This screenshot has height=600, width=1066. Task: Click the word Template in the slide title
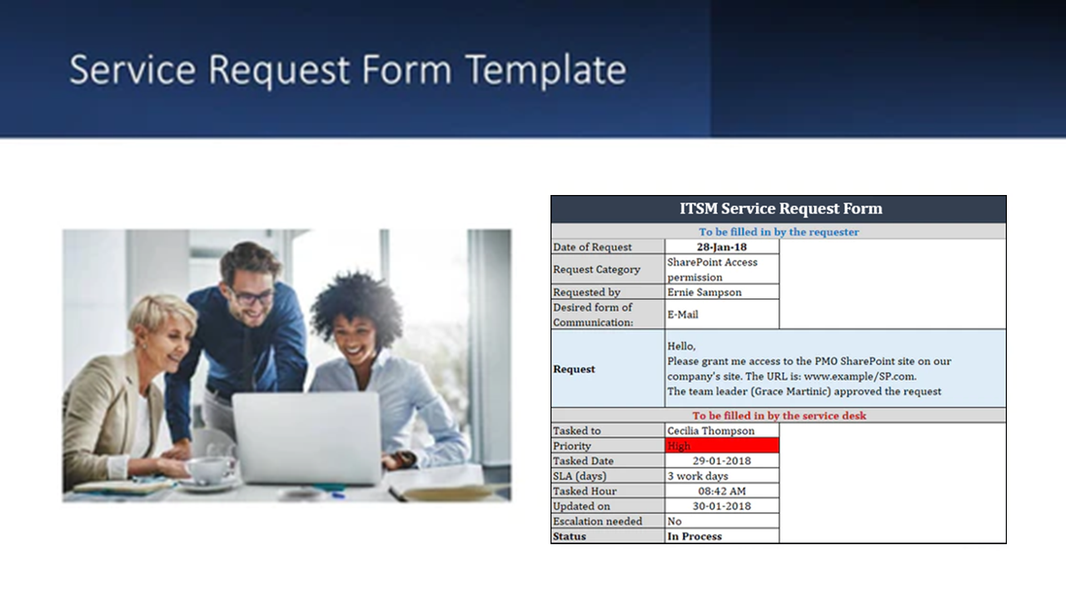pyautogui.click(x=545, y=70)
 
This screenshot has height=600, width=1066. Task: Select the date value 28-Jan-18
pyautogui.click(x=722, y=247)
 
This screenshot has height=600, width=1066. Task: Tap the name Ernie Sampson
pyautogui.click(x=704, y=292)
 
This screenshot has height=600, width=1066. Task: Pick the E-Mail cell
pyautogui.click(x=683, y=315)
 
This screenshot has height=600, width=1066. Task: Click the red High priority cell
pyautogui.click(x=722, y=446)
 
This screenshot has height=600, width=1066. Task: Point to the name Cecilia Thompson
pyautogui.click(x=710, y=431)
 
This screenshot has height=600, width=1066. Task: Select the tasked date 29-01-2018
pyautogui.click(x=722, y=461)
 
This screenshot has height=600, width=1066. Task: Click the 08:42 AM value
pyautogui.click(x=722, y=491)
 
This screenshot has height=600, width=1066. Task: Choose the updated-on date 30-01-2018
pyautogui.click(x=722, y=506)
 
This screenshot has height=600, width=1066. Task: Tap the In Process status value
pyautogui.click(x=695, y=536)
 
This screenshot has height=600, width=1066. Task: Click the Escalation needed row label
pyautogui.click(x=597, y=521)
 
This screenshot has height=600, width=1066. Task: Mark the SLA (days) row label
pyautogui.click(x=580, y=476)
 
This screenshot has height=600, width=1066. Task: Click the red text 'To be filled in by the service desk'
pyautogui.click(x=779, y=416)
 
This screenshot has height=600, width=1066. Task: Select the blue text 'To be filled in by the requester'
pyautogui.click(x=779, y=232)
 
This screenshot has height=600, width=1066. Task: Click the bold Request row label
pyautogui.click(x=575, y=369)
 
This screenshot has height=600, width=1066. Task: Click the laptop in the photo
pyautogui.click(x=306, y=437)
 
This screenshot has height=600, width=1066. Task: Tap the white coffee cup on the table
pyautogui.click(x=209, y=470)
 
